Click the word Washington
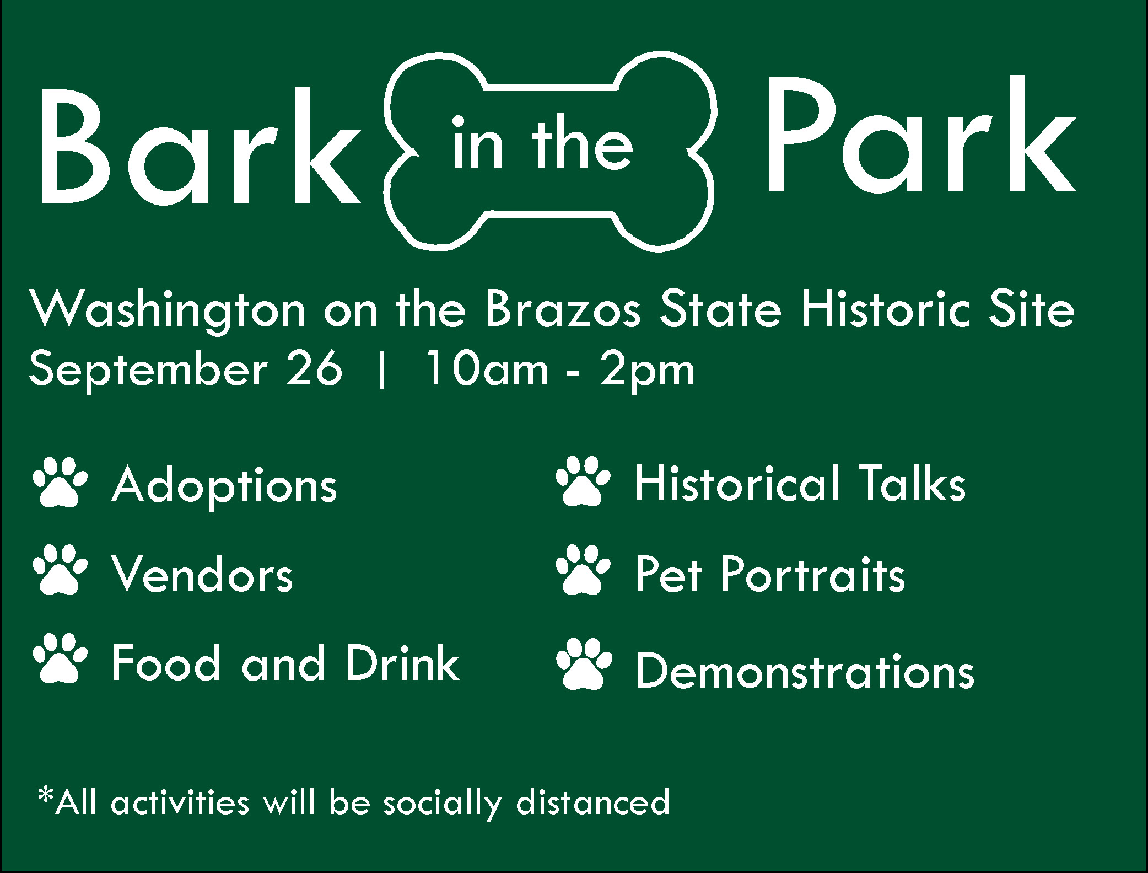pyautogui.click(x=168, y=312)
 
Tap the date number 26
pyautogui.click(x=320, y=369)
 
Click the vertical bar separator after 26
pyautogui.click(x=381, y=371)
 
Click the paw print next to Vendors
pyautogui.click(x=60, y=570)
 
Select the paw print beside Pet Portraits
pyautogui.click(x=584, y=570)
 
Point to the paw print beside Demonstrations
pyautogui.click(x=584, y=664)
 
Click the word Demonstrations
pyautogui.click(x=805, y=670)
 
